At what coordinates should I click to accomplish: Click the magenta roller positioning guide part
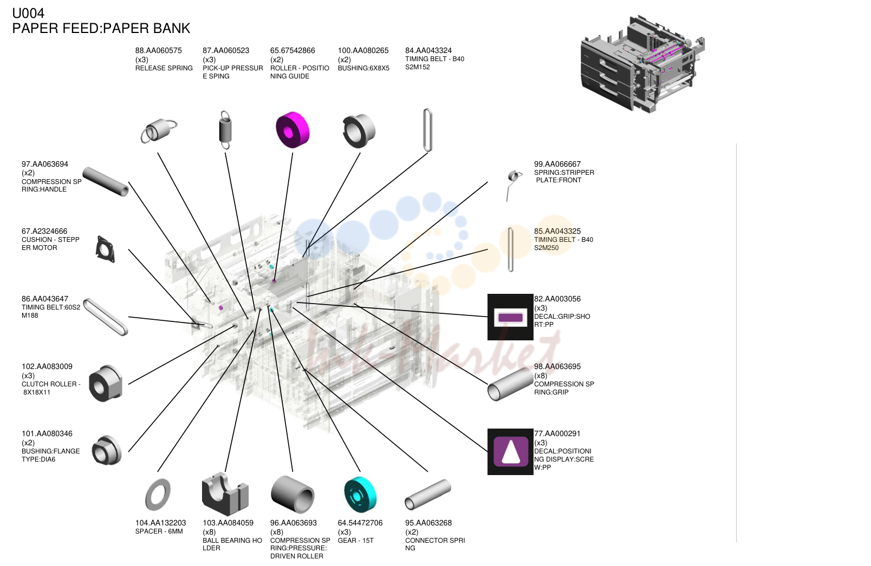tap(292, 130)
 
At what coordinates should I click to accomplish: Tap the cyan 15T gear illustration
tap(360, 495)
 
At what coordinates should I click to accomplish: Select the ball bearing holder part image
tap(225, 494)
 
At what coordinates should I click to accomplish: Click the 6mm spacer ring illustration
tap(158, 495)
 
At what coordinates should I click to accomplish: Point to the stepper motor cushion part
tap(106, 249)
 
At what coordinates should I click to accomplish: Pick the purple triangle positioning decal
tap(511, 451)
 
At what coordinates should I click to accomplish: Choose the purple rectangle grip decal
tap(511, 317)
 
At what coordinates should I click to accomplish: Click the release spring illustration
tap(159, 130)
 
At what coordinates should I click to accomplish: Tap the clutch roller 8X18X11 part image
tap(106, 383)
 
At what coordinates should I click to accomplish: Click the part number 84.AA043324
tap(428, 50)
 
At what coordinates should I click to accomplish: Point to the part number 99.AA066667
tap(557, 164)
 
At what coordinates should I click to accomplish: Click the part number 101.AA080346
tap(47, 433)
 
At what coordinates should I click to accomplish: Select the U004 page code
tap(28, 13)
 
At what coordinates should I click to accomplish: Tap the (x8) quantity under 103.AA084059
tap(209, 532)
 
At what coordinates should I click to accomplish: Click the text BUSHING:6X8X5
tap(363, 68)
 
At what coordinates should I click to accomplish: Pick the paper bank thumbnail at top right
tap(642, 64)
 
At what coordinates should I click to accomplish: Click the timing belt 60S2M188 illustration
tap(106, 317)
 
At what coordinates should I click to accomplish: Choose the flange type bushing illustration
tap(107, 450)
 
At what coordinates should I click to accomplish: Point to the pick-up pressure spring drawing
tap(225, 130)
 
